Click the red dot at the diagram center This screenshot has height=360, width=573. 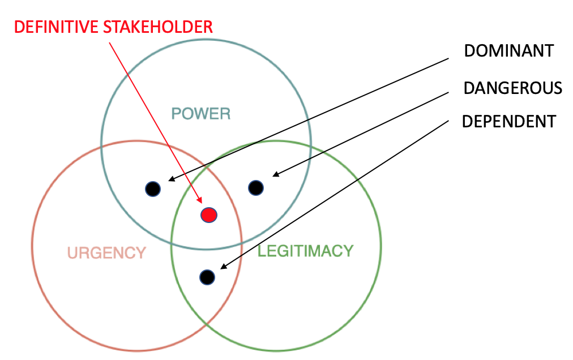coord(209,215)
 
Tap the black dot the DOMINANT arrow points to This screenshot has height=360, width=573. coord(152,188)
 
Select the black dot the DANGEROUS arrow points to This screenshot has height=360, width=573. coord(256,187)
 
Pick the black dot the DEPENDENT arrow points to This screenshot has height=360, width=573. coord(207,277)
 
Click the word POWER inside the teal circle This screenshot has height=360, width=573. coord(201,114)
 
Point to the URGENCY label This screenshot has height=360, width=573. coord(106,252)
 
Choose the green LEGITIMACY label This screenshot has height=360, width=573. coord(305,251)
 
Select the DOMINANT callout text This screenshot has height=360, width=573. coord(508,51)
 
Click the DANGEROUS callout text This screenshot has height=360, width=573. coord(512,88)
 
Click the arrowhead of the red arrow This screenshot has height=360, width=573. coord(200,199)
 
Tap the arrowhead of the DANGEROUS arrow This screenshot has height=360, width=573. coord(274,175)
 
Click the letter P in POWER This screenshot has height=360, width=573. coord(176,114)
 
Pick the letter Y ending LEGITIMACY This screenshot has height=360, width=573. coord(348,251)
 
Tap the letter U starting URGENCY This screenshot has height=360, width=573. coord(72,252)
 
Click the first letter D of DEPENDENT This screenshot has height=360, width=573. coord(467,121)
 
